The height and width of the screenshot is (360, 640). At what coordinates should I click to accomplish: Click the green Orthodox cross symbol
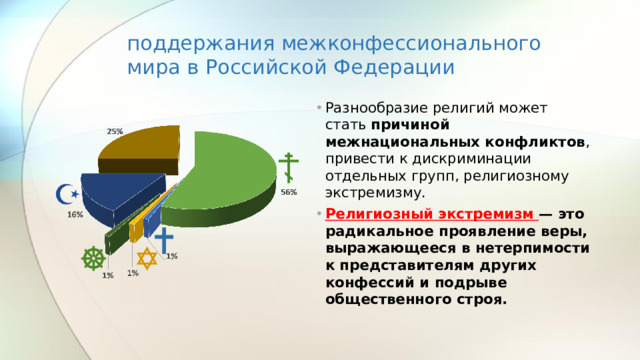click(x=288, y=168)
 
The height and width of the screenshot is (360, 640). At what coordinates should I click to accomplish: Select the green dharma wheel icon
click(x=93, y=256)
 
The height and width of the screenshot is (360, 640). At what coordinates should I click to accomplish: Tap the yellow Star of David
click(x=147, y=259)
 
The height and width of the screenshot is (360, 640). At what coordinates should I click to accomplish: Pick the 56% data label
click(x=288, y=192)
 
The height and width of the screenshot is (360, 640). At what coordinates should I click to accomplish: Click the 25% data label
click(x=115, y=131)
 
